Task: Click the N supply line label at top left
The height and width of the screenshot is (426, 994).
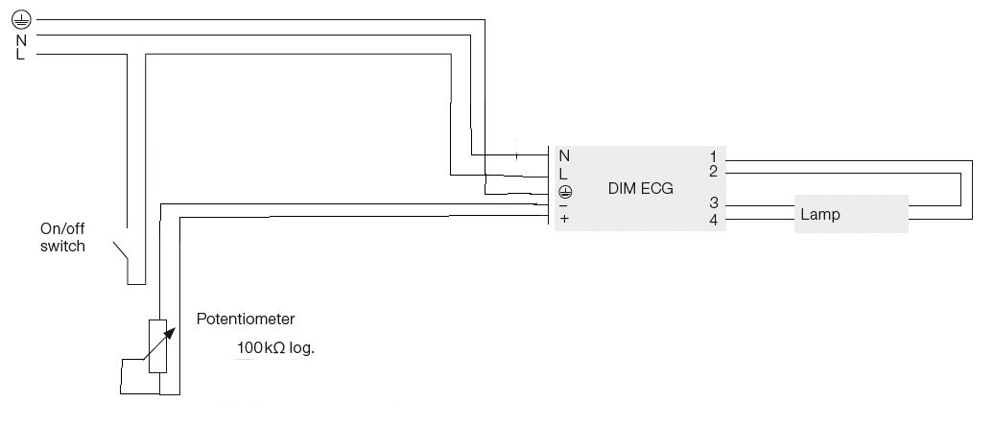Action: (20, 39)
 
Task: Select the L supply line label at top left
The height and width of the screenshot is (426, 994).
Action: (20, 55)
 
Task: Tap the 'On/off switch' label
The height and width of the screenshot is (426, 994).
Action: (62, 238)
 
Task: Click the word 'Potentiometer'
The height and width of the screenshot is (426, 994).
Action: (246, 319)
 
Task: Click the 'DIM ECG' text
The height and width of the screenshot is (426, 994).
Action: (641, 189)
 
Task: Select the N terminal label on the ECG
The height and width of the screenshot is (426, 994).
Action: (564, 156)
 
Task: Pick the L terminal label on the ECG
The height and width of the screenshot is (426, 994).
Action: (564, 174)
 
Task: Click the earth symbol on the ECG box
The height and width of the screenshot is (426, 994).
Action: (564, 191)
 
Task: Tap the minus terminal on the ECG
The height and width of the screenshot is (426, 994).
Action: (563, 203)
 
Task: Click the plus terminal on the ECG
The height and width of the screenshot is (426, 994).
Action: (564, 219)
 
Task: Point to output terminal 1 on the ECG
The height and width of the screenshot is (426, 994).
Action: (714, 156)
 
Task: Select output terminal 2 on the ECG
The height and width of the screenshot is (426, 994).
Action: (714, 172)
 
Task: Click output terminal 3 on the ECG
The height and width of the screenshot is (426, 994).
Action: (714, 203)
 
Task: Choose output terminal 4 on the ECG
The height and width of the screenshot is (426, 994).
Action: (714, 219)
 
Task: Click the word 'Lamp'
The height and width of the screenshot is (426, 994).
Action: (820, 215)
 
